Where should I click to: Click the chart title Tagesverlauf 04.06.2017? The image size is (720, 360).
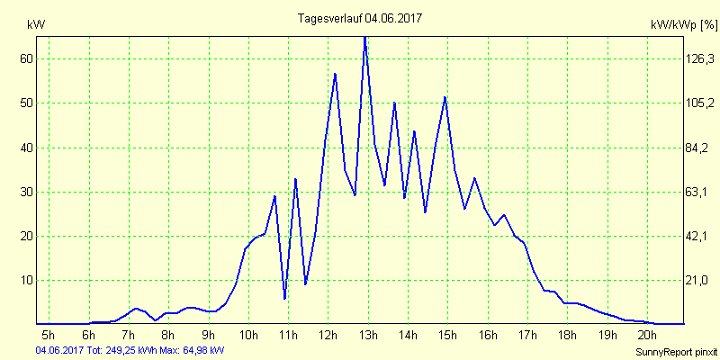click(360, 18)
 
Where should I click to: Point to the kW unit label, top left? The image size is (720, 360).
click(36, 25)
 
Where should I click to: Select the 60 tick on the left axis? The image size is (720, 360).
click(25, 58)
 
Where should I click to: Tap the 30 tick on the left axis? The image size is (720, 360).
click(25, 192)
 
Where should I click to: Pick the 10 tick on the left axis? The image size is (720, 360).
click(25, 280)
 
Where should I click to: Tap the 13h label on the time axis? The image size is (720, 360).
click(368, 337)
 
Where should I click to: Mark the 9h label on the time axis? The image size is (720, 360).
click(208, 337)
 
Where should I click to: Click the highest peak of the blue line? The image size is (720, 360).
click(364, 38)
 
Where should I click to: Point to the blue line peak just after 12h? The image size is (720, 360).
click(335, 74)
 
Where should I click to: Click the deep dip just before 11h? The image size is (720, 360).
click(284, 298)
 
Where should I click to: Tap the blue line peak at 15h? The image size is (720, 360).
click(445, 97)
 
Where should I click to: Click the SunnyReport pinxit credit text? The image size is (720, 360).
click(675, 349)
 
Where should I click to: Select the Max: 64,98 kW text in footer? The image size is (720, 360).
click(192, 349)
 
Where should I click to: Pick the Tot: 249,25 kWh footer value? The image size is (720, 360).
click(121, 349)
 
